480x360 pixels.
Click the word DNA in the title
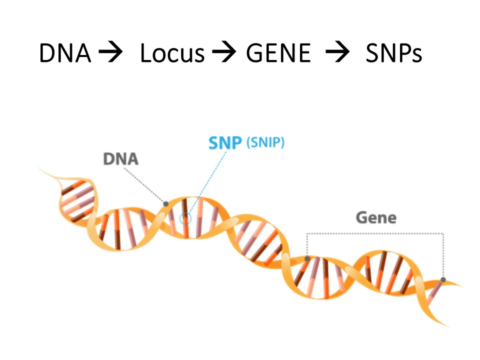click(x=65, y=53)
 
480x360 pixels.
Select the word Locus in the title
click(x=172, y=53)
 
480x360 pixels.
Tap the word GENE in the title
click(x=278, y=53)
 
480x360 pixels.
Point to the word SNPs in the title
click(x=393, y=53)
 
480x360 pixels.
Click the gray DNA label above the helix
click(x=120, y=159)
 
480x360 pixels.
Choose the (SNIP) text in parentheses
click(x=265, y=142)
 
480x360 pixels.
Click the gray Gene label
click(x=376, y=218)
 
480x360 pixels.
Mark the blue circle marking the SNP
click(x=185, y=218)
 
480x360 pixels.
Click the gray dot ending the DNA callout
click(x=165, y=203)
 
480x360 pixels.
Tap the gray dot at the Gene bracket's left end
click(x=307, y=258)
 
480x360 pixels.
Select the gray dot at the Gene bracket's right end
click(x=443, y=280)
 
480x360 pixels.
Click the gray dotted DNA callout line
click(x=145, y=185)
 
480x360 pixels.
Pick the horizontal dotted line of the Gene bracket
click(x=375, y=233)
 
